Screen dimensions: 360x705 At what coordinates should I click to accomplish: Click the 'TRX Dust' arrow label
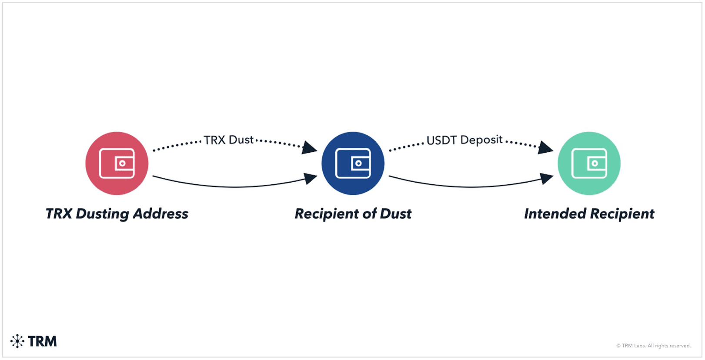pos(228,140)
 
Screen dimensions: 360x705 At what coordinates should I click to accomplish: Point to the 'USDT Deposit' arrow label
pos(464,140)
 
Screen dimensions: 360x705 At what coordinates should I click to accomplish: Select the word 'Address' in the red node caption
pos(160,214)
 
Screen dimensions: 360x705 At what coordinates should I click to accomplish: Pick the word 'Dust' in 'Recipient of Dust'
pos(395,214)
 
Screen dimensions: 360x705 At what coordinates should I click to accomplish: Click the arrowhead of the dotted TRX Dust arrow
pos(310,147)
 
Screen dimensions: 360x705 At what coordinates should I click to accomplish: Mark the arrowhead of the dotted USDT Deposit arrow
pos(545,147)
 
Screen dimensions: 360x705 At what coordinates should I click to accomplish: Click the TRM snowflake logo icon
pos(17,341)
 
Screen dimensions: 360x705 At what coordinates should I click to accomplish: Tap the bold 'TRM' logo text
pos(42,341)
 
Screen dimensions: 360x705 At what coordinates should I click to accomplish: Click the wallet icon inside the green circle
pos(589,163)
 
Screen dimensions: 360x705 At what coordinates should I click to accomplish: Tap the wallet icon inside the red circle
pos(117,163)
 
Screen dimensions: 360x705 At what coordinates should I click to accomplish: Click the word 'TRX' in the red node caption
pos(59,214)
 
